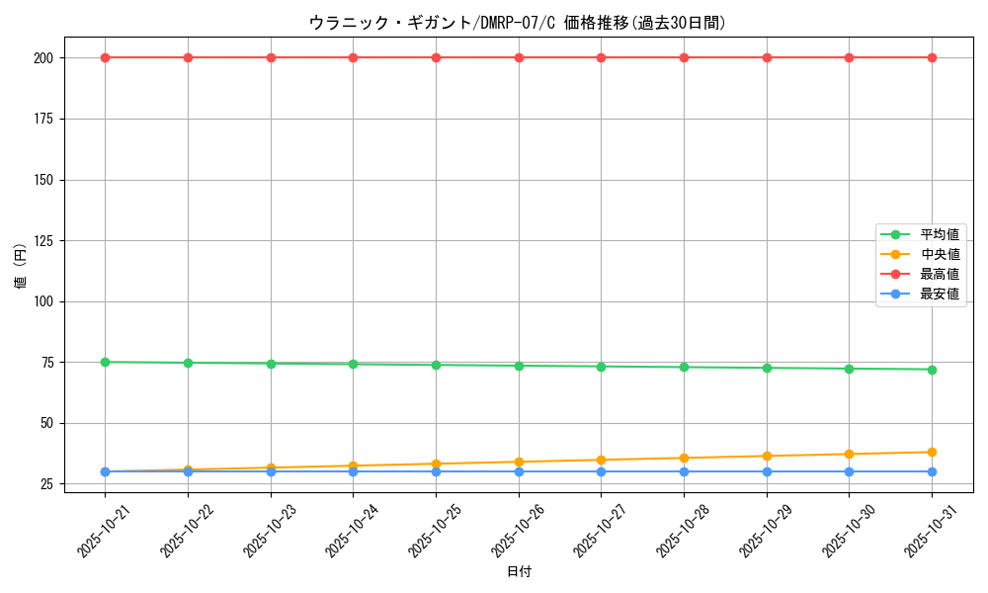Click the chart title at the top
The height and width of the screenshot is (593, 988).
pos(518,23)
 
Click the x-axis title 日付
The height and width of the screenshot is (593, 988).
pos(519,571)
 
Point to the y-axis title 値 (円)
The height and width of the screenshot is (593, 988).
pos(21,267)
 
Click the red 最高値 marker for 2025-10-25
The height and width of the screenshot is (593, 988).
pos(436,57)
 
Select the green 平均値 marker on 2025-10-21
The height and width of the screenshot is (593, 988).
pos(105,362)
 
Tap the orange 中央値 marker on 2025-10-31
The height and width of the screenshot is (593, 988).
pos(932,452)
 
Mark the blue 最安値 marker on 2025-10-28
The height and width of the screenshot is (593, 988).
pos(684,471)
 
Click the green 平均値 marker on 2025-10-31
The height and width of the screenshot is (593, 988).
pos(932,370)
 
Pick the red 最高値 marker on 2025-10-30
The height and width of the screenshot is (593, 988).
pos(849,57)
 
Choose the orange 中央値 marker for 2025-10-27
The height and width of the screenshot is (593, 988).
pos(601,460)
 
